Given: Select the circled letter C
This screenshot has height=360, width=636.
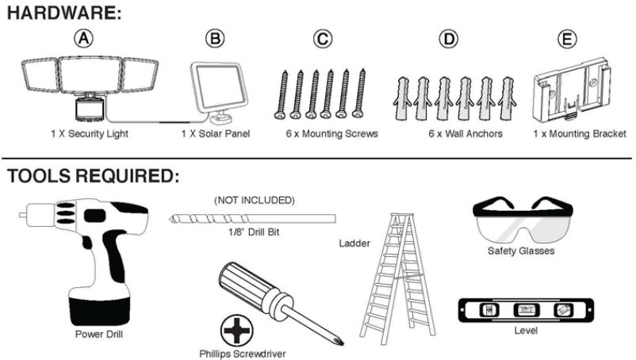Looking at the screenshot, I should coord(322,37).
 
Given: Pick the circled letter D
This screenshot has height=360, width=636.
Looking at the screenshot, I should coord(449,37).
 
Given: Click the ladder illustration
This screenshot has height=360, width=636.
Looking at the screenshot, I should coord(401,270).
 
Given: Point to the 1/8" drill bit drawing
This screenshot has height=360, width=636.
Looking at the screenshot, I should coord(252,217).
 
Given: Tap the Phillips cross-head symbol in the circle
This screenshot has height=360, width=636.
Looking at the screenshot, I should coord(236,327).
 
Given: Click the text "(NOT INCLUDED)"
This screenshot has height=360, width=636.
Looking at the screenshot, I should coord(254,200).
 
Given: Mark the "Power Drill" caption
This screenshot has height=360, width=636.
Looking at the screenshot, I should coord(99,334).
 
